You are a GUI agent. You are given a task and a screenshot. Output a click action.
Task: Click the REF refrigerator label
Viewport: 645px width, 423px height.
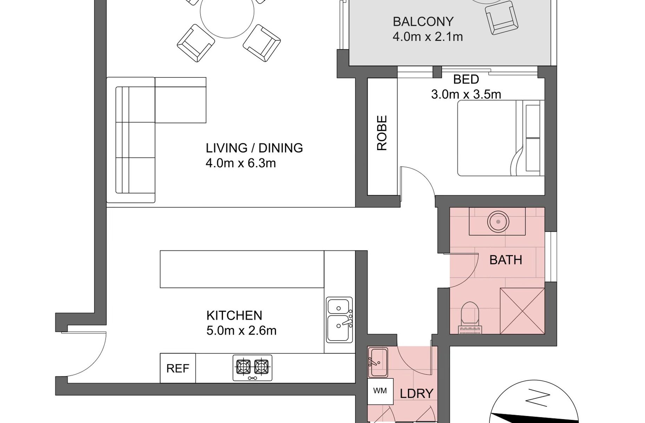(178, 368)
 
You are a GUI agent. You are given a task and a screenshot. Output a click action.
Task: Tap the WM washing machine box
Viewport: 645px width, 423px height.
(380, 391)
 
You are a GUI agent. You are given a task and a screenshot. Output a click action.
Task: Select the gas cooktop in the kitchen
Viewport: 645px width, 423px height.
(252, 368)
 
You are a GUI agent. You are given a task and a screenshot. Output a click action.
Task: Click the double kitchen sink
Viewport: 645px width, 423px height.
(340, 320)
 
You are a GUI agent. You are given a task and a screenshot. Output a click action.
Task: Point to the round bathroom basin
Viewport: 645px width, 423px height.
(498, 221)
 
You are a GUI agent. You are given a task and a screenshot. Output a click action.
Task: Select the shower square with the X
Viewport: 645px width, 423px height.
(522, 311)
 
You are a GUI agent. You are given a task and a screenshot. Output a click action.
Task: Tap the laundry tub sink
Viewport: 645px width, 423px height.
(378, 362)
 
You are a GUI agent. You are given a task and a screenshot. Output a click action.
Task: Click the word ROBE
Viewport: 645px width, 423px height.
(382, 133)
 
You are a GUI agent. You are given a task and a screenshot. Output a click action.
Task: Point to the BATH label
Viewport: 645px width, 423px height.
(506, 260)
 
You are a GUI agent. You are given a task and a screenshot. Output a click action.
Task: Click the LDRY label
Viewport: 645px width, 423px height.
(416, 394)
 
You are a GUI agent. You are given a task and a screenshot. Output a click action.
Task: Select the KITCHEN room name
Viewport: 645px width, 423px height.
(234, 315)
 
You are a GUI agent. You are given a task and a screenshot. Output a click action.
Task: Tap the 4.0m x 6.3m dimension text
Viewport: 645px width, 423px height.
(241, 163)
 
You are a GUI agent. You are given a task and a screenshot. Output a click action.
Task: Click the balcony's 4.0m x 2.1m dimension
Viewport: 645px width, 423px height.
(428, 36)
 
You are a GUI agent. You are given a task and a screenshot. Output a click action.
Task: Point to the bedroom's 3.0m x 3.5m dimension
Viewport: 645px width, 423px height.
(466, 94)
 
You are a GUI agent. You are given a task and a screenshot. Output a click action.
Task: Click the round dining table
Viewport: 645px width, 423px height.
(227, 12)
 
